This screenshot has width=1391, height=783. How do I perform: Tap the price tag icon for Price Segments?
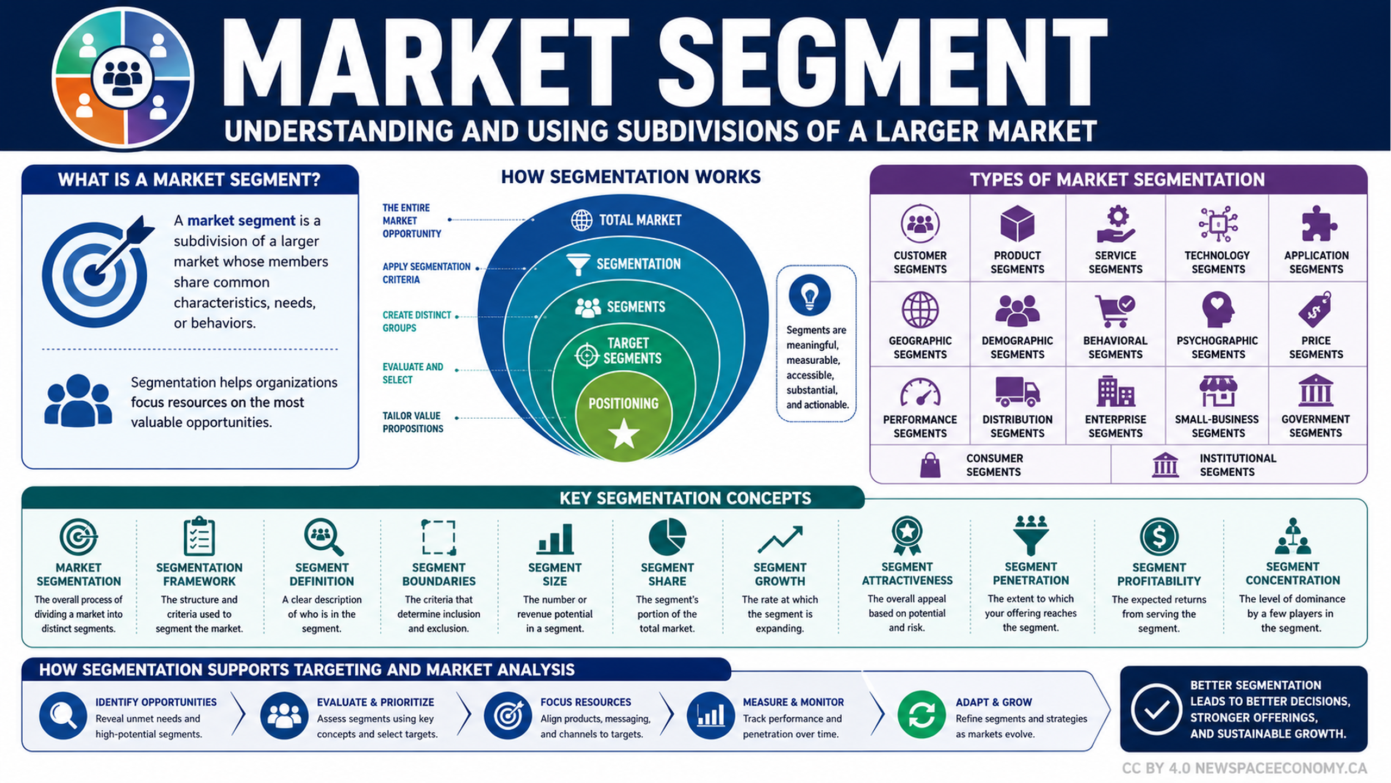click(x=1315, y=309)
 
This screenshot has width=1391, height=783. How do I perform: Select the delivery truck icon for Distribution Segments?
click(x=1017, y=391)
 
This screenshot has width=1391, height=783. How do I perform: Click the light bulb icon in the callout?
click(x=810, y=295)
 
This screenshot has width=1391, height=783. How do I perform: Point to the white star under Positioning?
click(x=624, y=433)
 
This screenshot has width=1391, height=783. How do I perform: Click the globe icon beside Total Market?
click(x=581, y=220)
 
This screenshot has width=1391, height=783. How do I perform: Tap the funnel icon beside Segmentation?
click(x=578, y=264)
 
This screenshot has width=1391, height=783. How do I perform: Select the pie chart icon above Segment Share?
click(x=667, y=537)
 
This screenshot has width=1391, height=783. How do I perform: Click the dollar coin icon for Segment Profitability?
click(x=1159, y=537)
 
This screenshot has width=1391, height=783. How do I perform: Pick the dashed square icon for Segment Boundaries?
click(x=438, y=537)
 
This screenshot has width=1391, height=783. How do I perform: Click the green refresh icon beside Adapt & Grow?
click(x=922, y=714)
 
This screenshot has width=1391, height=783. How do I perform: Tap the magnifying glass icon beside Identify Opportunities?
click(x=63, y=715)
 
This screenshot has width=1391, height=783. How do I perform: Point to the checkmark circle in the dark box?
click(x=1156, y=709)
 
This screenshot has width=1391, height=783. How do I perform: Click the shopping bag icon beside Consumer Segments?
click(x=930, y=465)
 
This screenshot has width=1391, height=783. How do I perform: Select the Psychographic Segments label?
click(x=1217, y=347)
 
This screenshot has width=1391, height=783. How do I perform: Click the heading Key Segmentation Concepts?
click(x=685, y=498)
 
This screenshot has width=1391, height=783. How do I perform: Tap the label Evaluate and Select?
click(x=413, y=374)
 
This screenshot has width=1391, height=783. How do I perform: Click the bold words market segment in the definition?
click(x=241, y=221)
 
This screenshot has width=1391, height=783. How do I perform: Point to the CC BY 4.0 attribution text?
click(x=1244, y=768)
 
